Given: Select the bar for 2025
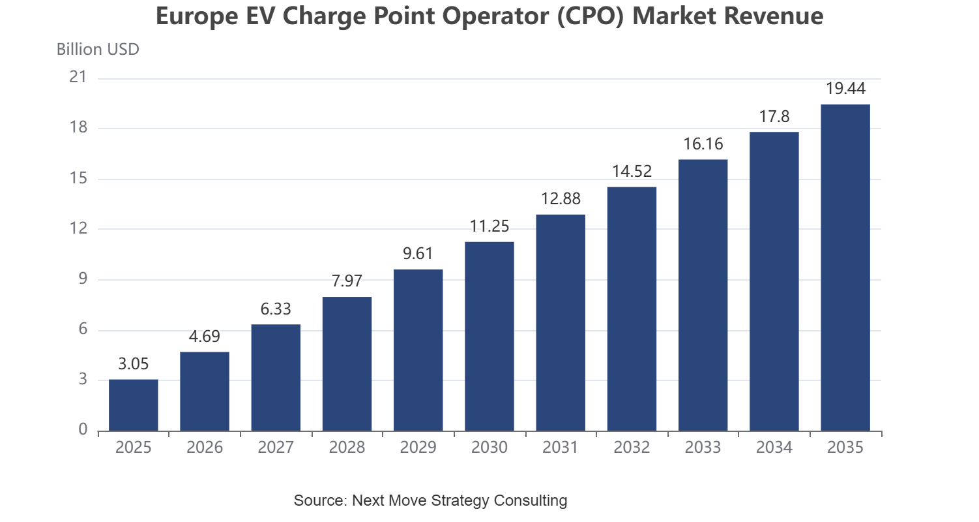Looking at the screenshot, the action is click(134, 405).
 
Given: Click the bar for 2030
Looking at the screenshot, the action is click(489, 337).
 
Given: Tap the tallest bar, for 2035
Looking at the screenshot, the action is click(845, 268).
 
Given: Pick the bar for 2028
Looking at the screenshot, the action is click(347, 364).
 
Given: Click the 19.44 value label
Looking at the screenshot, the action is click(845, 88).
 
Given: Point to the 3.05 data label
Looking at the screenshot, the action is click(134, 363).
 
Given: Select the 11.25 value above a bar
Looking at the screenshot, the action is click(489, 226).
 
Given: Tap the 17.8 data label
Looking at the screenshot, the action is click(774, 116).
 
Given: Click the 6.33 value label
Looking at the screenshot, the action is click(276, 309).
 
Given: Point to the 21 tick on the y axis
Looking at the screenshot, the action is click(78, 77).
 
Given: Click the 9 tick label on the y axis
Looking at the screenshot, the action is click(83, 279).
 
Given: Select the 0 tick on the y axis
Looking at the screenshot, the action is click(83, 430).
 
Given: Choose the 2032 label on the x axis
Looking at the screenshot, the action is click(632, 447).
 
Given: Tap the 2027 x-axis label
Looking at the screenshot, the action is click(276, 447).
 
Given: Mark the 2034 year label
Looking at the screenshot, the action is click(774, 447).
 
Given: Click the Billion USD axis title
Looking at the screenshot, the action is click(98, 50).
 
